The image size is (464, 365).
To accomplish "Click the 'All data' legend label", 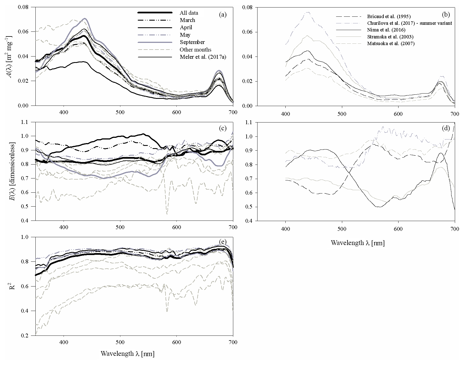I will [189, 13].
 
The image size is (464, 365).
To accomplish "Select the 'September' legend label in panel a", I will [192, 42].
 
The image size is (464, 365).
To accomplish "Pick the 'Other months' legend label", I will [195, 50].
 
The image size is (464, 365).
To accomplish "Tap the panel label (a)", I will [223, 15].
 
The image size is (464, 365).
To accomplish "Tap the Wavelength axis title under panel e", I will [128, 354].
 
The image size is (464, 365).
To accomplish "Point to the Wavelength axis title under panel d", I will [358, 243].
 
